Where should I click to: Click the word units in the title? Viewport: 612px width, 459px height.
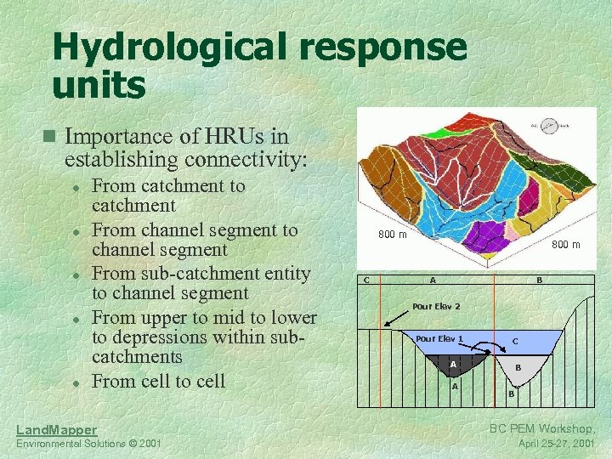click(99, 85)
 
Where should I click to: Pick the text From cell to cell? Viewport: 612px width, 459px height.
click(158, 381)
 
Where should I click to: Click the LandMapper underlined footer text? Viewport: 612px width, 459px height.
click(57, 430)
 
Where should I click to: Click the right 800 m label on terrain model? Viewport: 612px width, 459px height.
click(565, 245)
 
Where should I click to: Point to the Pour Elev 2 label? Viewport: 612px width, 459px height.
click(436, 306)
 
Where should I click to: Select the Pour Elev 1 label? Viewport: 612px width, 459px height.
click(439, 338)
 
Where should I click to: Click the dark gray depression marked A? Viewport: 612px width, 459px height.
click(455, 364)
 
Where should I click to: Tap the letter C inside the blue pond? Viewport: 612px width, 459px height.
click(515, 341)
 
